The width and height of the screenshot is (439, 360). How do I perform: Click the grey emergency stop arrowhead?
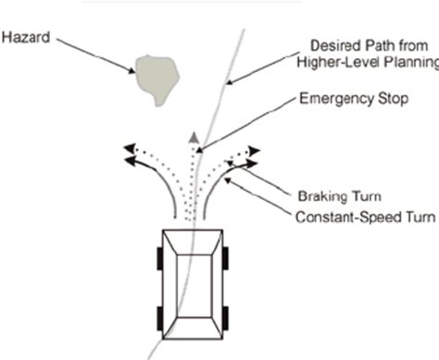point(193,139)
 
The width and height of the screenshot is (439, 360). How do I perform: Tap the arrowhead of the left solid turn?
point(132,161)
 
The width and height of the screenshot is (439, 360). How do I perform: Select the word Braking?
point(318,197)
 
